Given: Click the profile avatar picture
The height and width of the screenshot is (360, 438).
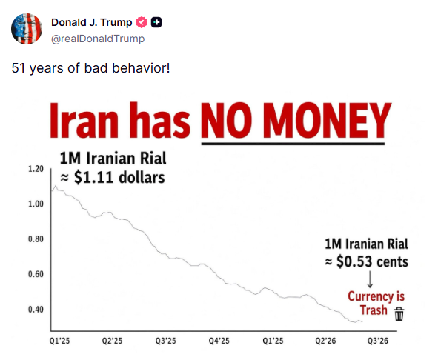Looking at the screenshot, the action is coord(27,28).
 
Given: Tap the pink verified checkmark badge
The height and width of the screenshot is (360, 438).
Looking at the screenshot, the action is coord(142,22).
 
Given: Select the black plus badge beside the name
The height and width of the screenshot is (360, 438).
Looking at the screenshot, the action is coord(156,22).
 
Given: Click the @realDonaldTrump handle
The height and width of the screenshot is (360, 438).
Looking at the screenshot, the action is coord(98,39).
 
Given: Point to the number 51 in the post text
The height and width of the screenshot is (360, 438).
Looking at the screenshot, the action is coord(19,68).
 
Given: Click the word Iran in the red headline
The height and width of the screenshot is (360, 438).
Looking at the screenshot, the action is coord(84,121).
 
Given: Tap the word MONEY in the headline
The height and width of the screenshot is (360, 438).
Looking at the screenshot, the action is coord(327,121).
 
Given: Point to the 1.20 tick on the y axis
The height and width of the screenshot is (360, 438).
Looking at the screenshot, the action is coord(36,169).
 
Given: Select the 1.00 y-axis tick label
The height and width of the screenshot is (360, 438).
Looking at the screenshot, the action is coord(36,204).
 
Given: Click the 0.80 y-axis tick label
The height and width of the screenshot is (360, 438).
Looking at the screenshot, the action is coord(36,239).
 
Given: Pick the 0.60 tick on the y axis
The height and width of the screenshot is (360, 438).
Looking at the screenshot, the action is coord(36,274).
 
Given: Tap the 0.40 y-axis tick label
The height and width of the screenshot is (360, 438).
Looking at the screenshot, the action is coord(36,310).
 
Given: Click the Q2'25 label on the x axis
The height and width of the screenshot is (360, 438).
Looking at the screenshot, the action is coord(113,341).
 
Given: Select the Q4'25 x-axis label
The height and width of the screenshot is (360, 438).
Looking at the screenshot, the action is coord(219,341).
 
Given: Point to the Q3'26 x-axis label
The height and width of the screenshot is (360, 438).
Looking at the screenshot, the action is coord(378,341).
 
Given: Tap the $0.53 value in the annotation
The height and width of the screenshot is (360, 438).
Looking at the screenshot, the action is coord(354,261).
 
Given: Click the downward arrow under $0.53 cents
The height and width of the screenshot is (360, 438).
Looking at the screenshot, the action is coord(370,279).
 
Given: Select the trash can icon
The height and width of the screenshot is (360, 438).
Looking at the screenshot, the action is coord(399,314).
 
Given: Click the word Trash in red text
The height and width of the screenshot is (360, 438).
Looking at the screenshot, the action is coord(374,310).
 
